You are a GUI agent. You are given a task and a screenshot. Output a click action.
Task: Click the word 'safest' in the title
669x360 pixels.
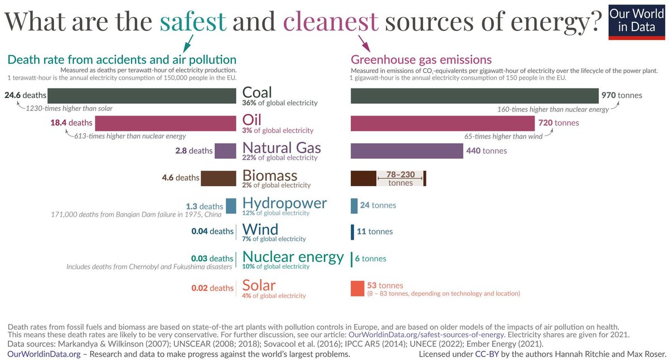(x=193, y=21)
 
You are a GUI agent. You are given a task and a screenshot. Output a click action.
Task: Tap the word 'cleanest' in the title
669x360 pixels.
(x=331, y=21)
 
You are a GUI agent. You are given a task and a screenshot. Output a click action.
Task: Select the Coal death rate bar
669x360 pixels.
(x=142, y=95)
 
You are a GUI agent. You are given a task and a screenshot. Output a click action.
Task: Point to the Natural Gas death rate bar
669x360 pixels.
(x=225, y=150)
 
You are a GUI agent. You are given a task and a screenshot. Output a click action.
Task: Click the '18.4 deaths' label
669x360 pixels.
(x=72, y=123)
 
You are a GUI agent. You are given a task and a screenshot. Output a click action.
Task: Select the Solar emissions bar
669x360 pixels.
(x=357, y=288)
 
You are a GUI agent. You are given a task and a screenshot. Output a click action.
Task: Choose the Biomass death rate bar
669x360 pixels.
(x=219, y=178)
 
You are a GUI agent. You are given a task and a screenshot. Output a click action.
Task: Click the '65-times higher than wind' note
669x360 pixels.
(x=503, y=136)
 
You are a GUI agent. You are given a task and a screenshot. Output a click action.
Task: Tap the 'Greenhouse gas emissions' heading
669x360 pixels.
(x=421, y=60)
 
